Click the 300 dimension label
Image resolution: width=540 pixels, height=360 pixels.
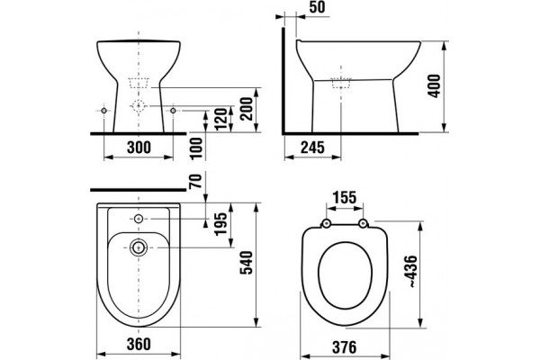click(139, 148)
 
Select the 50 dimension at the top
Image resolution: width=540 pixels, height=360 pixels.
click(317, 7)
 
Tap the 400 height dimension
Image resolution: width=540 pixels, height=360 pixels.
click(434, 86)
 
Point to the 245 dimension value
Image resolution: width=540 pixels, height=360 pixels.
click(312, 148)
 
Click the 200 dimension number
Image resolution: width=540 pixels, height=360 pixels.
click(247, 109)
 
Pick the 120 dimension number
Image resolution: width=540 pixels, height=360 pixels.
click(221, 119)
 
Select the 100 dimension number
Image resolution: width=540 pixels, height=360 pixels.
click(196, 148)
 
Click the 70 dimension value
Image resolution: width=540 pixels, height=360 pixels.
click(195, 182)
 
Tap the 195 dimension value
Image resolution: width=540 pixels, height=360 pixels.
click(220, 224)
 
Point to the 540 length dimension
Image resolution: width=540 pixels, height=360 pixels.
click(247, 263)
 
